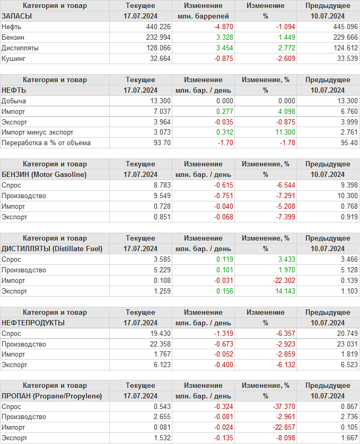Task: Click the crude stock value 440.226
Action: pos(157,26)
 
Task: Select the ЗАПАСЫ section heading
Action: pos(17,16)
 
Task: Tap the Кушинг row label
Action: pos(13,58)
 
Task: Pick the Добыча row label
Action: pos(14,101)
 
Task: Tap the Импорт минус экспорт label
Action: pos(38,132)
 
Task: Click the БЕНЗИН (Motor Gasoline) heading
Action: pos(44,174)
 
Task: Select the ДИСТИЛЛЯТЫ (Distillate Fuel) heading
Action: pos(52,248)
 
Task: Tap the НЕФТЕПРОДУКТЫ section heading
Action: pos(33,323)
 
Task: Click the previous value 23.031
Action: pos(346,344)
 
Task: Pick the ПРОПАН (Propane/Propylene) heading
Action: pos(51,396)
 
